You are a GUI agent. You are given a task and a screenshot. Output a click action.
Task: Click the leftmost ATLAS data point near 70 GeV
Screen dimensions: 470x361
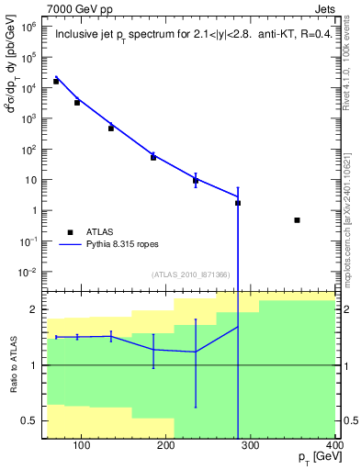click(x=56, y=81)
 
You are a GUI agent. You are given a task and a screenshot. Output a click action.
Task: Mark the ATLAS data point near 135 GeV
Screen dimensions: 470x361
click(x=111, y=128)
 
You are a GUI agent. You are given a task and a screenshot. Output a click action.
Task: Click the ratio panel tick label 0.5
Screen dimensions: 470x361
click(x=32, y=421)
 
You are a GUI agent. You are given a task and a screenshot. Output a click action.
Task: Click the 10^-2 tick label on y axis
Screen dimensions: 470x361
click(x=28, y=272)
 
